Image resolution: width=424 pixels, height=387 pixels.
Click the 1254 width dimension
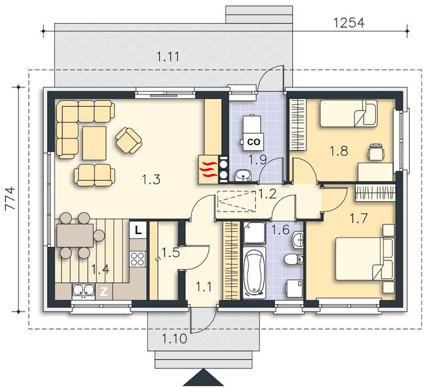coord(349,22)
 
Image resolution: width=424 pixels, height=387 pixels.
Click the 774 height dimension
coord(10,199)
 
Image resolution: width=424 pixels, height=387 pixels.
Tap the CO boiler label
coord(253,141)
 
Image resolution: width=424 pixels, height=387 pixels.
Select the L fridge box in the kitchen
coord(138,230)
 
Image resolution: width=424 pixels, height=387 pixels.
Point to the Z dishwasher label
coord(104,292)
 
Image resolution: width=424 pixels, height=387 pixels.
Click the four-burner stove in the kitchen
coord(138,258)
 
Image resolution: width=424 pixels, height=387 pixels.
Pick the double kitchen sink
coord(84,291)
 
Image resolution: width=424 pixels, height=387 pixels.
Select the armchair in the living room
coord(128,141)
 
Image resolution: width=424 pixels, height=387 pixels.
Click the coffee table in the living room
coord(94,143)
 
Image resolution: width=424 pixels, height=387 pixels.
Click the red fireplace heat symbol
coord(208,170)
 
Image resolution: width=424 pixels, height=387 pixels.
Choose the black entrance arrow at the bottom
coord(204,377)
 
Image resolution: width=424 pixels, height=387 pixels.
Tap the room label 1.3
coord(152,179)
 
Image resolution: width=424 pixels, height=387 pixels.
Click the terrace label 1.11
coord(168,57)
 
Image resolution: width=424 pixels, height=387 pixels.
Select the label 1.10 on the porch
coord(174,338)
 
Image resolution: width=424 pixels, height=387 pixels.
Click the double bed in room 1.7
coord(364,258)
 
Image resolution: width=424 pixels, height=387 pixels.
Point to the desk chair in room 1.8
coord(376,152)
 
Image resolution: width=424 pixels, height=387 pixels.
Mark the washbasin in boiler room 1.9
coord(243,175)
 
